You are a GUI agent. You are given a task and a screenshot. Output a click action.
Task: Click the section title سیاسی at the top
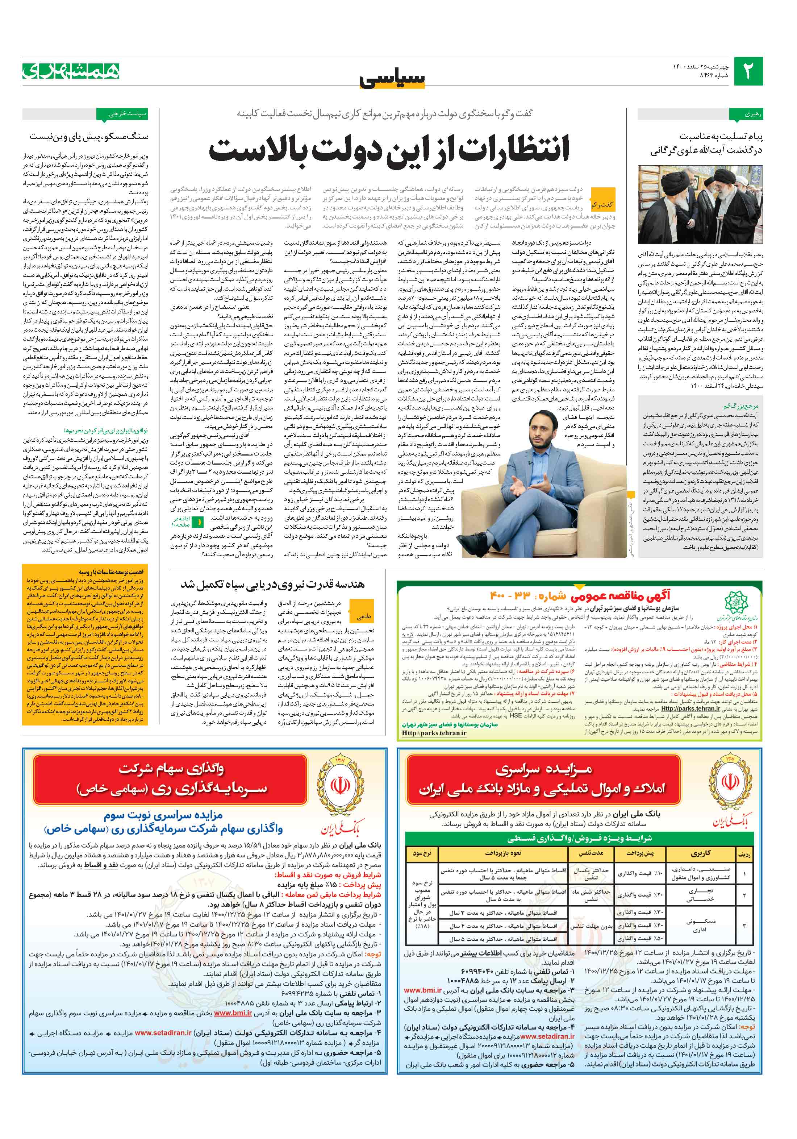coord(392,79)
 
